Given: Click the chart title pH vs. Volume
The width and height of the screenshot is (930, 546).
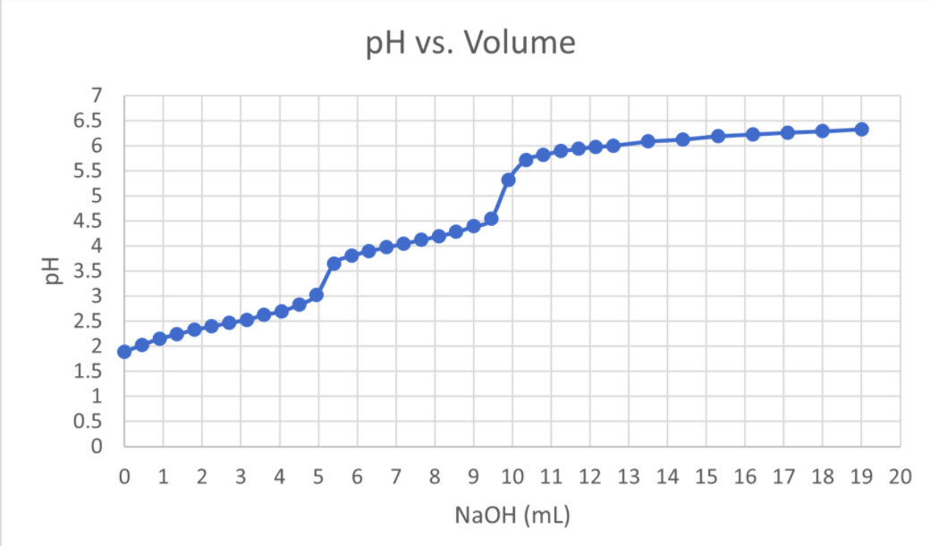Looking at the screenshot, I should [470, 42].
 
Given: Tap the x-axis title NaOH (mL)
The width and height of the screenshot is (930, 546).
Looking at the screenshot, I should [511, 516].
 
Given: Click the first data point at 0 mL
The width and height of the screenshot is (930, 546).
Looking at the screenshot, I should [124, 352].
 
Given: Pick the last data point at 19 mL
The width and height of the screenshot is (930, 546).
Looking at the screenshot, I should [861, 130].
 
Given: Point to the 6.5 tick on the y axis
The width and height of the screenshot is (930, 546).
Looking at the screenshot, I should [92, 121].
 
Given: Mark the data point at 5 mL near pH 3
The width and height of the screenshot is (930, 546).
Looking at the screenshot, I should [317, 295].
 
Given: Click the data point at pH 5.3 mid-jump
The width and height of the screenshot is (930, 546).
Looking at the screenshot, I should [508, 180].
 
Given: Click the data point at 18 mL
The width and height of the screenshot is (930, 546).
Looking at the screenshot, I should [822, 131].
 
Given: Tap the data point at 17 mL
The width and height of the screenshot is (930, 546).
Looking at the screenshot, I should [787, 133].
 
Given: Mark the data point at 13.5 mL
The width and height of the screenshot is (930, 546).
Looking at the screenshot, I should [647, 141].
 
